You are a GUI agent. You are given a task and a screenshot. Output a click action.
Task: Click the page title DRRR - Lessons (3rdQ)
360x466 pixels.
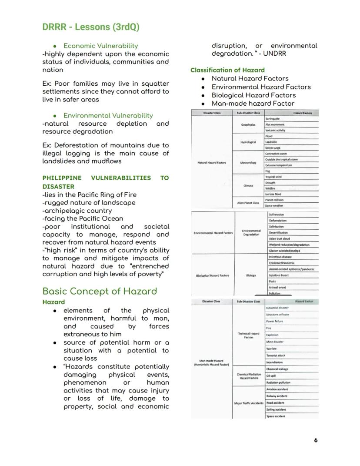pos(90,27)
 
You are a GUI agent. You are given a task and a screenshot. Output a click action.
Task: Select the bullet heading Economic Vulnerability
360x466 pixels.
pos(100,46)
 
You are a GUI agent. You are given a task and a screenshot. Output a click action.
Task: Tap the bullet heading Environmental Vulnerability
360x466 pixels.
pos(108,115)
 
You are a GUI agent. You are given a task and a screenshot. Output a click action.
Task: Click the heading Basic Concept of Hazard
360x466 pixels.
pos(100,291)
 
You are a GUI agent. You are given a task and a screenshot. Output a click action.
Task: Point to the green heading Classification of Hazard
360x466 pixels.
pos(227,70)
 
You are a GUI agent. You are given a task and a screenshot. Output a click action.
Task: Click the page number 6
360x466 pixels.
pos(316,440)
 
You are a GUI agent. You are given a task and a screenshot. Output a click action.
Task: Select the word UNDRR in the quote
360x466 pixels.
pos(275,54)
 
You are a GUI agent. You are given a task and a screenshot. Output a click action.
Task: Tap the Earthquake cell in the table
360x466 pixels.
pos(273,119)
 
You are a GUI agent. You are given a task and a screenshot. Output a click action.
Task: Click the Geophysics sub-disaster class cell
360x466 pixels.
pos(248,125)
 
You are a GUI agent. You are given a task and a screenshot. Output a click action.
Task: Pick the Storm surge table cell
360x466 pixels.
pos(273,148)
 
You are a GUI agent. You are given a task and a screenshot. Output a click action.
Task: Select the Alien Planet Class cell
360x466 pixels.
pos(248,203)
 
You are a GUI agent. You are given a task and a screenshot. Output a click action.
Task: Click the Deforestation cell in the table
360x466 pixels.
pos(277,221)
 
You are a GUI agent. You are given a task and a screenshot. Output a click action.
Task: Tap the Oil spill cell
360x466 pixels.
pos(272,376)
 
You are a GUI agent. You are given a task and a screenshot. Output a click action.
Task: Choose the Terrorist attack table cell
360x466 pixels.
pos(276,355)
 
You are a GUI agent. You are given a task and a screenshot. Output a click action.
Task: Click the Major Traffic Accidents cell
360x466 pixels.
pos(249,403)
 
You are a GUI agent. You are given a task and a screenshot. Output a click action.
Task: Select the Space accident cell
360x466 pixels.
pos(276,416)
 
